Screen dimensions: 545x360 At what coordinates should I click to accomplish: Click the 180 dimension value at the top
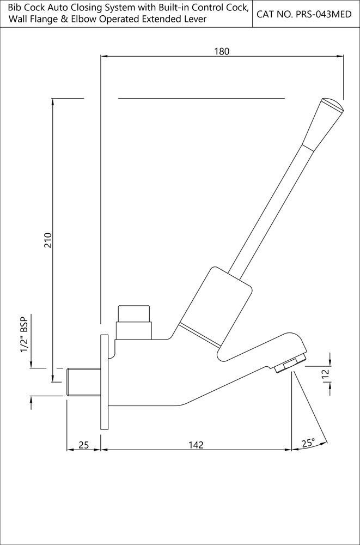click(222, 51)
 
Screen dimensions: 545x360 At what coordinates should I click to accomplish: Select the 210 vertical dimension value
click(47, 240)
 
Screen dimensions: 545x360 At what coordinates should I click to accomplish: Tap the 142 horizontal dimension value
click(196, 445)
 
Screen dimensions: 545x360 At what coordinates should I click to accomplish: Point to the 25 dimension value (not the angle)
click(83, 445)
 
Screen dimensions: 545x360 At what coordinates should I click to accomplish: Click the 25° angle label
click(308, 444)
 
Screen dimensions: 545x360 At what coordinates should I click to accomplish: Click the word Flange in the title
click(42, 20)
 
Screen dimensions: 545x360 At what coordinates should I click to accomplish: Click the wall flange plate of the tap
click(103, 383)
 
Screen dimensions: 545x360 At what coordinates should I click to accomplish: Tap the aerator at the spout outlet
click(290, 364)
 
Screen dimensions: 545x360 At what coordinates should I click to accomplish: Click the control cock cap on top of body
click(134, 314)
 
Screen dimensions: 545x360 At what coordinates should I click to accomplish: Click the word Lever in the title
click(194, 20)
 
